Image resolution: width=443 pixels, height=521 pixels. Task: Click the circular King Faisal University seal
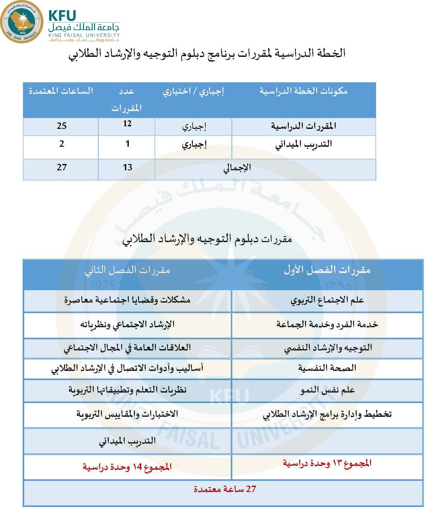[x=22, y=22]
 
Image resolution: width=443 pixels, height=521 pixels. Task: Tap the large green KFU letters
[x=62, y=16]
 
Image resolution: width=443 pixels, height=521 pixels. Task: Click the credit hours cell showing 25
[x=62, y=126]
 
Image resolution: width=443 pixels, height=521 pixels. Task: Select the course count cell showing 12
[x=127, y=124]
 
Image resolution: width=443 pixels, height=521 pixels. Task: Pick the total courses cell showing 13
[x=127, y=167]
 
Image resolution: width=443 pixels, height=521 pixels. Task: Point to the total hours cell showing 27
[x=62, y=167]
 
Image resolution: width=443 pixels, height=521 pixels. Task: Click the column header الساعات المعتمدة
[x=61, y=91]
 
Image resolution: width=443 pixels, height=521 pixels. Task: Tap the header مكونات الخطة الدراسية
[x=303, y=91]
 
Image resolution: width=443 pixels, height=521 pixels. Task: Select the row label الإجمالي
[x=237, y=168]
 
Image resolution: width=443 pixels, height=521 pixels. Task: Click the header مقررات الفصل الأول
[x=327, y=270]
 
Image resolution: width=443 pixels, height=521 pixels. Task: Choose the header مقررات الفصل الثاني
[x=127, y=270]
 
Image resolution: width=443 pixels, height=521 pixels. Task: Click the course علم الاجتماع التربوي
[x=327, y=300]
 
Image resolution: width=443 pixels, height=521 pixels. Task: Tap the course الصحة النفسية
[x=327, y=368]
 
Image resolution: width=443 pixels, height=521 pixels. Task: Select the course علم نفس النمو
[x=327, y=390]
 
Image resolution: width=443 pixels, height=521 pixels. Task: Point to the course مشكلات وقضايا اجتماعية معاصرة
[x=127, y=300]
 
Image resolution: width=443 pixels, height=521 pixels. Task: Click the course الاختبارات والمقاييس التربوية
[x=127, y=414]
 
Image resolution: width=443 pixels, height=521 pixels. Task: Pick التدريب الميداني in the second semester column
[x=127, y=441]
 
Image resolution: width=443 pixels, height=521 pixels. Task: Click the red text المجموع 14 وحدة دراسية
[x=127, y=467]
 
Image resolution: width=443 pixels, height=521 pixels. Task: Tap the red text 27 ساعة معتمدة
[x=225, y=489]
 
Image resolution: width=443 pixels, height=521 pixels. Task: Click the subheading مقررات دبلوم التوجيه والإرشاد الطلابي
[x=207, y=239]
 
